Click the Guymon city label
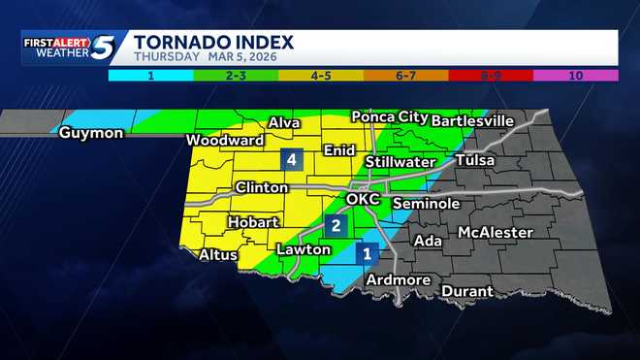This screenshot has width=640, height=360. click(x=91, y=133)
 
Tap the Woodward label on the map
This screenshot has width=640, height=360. click(x=225, y=141)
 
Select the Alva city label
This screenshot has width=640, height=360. click(x=284, y=123)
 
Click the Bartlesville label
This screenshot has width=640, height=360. click(x=471, y=120)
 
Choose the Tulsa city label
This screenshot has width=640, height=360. click(x=474, y=160)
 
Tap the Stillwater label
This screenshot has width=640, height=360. click(x=400, y=161)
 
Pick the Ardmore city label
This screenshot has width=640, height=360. click(x=398, y=280)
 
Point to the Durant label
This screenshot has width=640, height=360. click(x=467, y=291)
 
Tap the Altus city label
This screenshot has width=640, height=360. click(x=216, y=255)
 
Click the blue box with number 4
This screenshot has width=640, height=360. click(x=289, y=160)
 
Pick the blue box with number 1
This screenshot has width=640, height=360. click(x=368, y=254)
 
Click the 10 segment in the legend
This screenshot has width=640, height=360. click(x=576, y=74)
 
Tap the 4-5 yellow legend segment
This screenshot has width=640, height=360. click(x=320, y=74)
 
